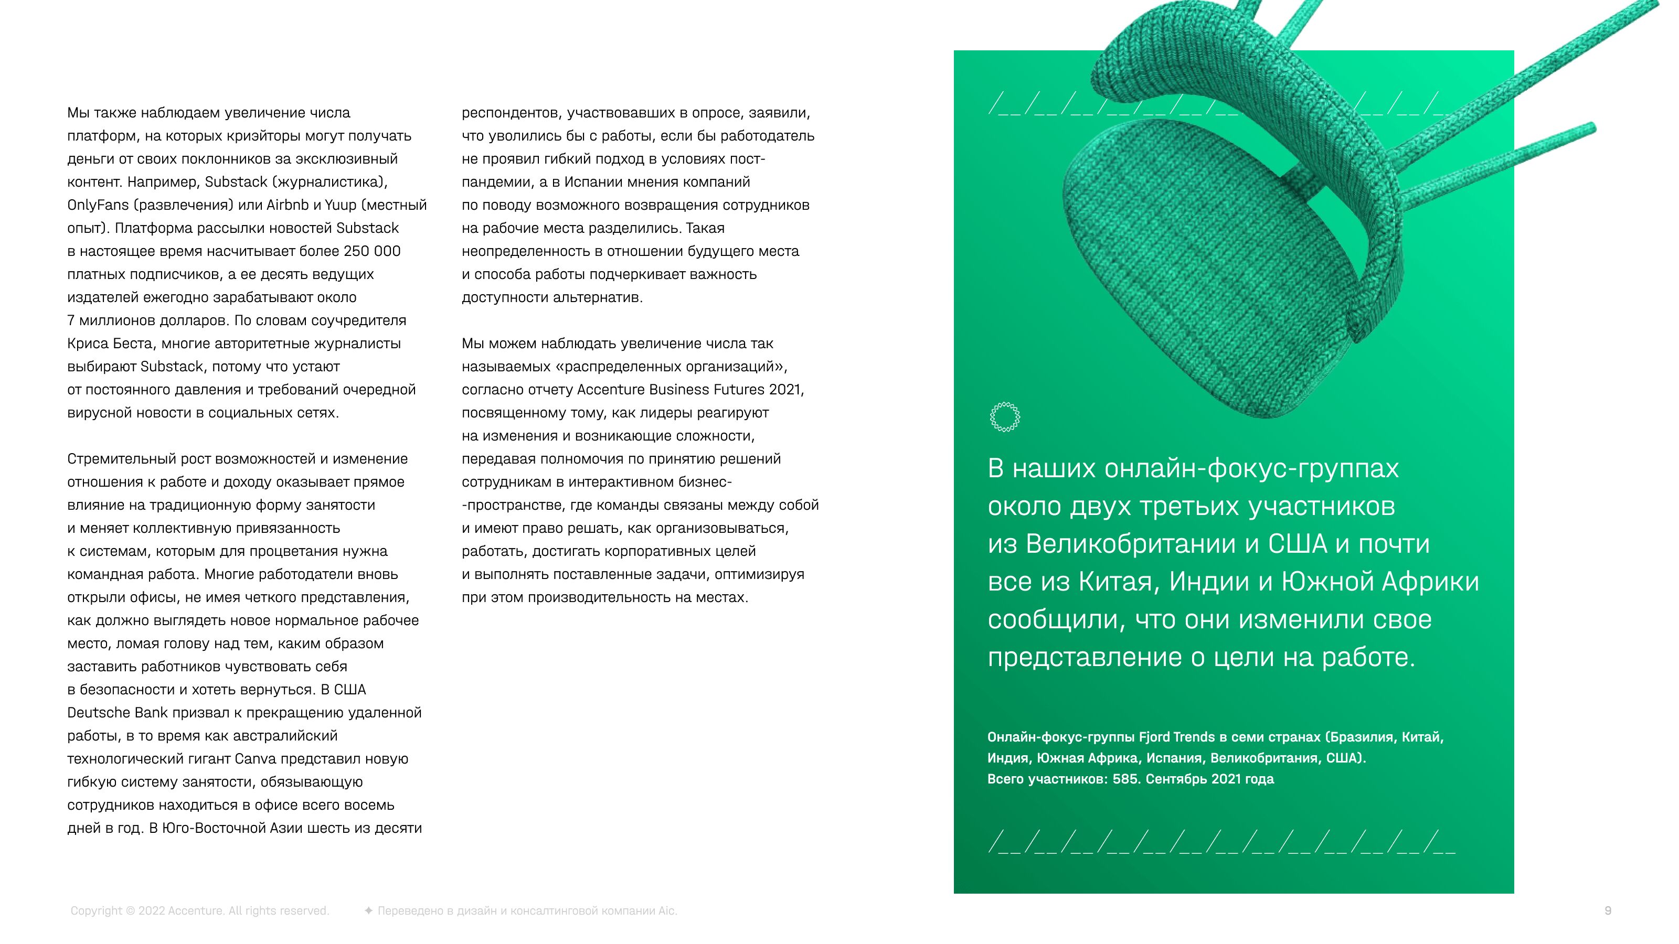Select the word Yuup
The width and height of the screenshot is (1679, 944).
pyautogui.click(x=340, y=205)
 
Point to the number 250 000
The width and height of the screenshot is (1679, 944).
pyautogui.click(x=372, y=252)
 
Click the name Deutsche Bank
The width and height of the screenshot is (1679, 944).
pyautogui.click(x=118, y=713)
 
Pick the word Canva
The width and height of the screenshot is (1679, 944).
pyautogui.click(x=256, y=759)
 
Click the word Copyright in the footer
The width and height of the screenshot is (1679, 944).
pyautogui.click(x=97, y=911)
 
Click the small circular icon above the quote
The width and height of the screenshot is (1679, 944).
pyautogui.click(x=1004, y=417)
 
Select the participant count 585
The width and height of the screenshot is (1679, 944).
pyautogui.click(x=1125, y=779)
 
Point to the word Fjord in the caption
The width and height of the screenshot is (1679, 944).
pyautogui.click(x=1154, y=737)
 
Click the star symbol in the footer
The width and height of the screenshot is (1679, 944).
pyautogui.click(x=368, y=911)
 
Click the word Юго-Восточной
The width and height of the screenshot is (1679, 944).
pyautogui.click(x=226, y=829)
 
